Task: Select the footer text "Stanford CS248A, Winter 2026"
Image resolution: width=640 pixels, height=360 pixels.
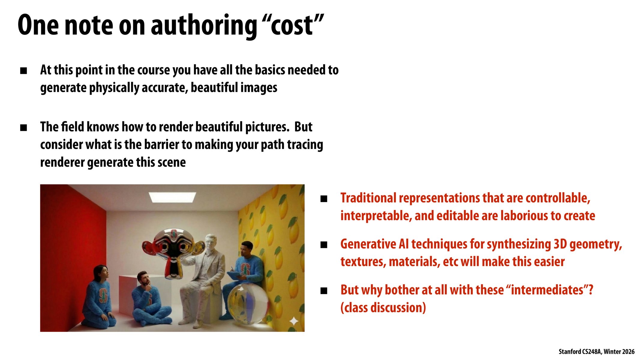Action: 596,352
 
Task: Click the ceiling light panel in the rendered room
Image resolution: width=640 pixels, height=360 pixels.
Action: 173,197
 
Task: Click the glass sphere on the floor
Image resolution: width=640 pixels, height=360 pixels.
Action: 248,303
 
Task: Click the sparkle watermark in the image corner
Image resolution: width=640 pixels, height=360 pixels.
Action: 294,321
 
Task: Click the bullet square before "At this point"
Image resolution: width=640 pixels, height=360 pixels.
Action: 23,71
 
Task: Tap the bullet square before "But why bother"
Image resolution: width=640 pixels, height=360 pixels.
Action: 324,291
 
